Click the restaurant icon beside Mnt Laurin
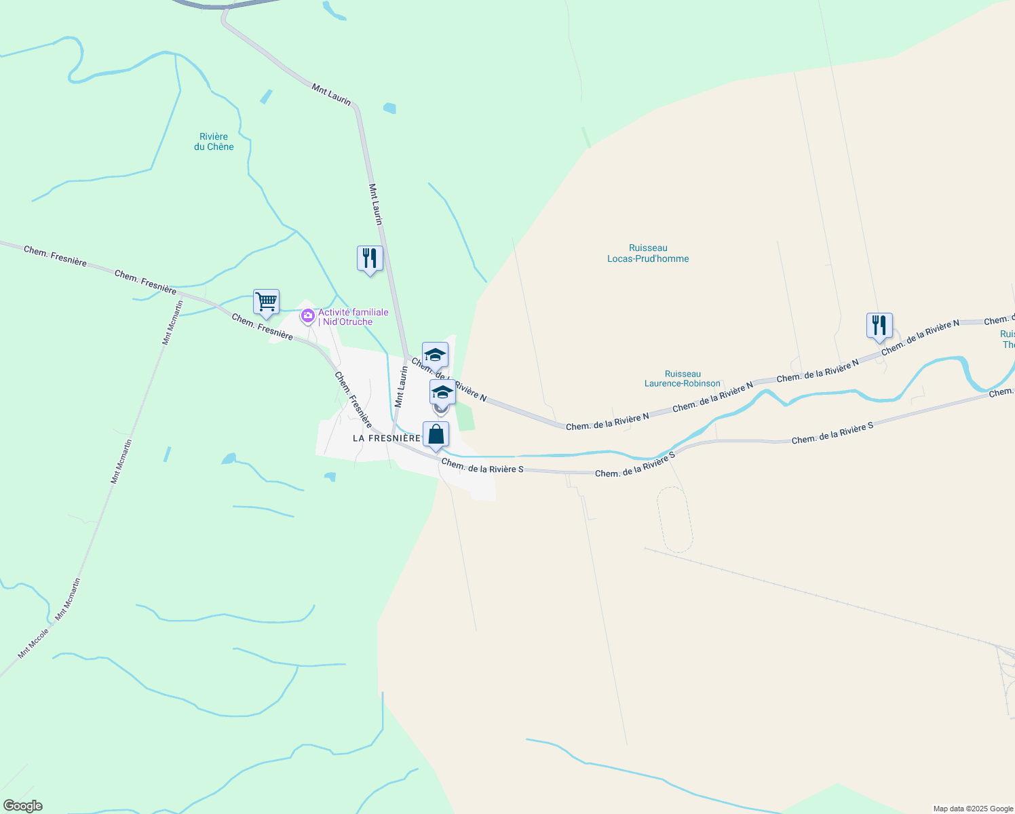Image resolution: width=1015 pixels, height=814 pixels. click(x=370, y=259)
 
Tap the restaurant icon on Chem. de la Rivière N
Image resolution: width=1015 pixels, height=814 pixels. click(x=879, y=326)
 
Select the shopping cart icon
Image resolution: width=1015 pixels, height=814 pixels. click(x=266, y=303)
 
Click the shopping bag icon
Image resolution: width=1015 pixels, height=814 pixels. click(x=436, y=435)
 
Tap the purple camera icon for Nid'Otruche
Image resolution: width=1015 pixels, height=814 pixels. click(x=307, y=315)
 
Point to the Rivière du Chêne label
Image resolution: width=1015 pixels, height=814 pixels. click(x=214, y=142)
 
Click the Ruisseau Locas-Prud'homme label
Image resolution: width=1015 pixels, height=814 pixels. click(x=648, y=253)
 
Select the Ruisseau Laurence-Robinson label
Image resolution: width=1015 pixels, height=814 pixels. click(x=683, y=379)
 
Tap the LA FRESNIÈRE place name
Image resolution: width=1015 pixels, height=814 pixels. click(x=387, y=438)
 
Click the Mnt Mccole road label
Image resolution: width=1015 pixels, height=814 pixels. click(x=34, y=644)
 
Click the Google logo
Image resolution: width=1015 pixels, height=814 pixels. click(x=23, y=806)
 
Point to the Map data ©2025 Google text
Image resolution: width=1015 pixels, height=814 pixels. click(x=973, y=809)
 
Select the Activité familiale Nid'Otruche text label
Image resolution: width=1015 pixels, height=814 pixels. click(x=353, y=317)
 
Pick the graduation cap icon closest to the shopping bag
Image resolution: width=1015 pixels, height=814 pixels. click(x=442, y=393)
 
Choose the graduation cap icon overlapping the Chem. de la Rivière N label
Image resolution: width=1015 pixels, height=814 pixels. click(x=435, y=355)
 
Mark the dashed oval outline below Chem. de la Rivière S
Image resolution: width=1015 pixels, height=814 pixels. click(x=674, y=519)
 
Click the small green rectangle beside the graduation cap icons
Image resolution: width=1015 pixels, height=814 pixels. click(x=465, y=416)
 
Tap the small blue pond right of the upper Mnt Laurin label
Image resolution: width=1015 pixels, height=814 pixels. click(x=389, y=108)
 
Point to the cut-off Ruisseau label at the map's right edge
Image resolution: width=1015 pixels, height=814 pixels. click(x=1008, y=339)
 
